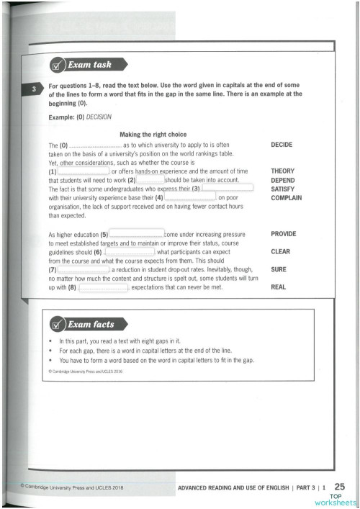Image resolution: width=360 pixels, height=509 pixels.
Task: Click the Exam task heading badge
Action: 81,66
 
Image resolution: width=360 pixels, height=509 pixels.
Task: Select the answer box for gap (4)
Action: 190,197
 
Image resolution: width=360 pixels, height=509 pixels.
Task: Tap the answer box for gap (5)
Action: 136,234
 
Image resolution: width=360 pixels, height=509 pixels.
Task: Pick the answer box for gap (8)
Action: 103,288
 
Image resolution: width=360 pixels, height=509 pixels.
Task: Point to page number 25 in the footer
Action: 341,488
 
